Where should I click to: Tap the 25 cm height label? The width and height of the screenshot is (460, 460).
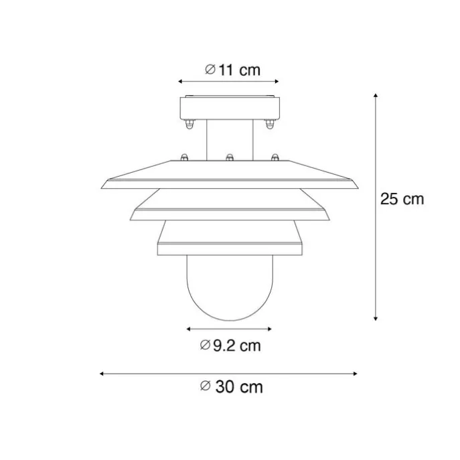402,200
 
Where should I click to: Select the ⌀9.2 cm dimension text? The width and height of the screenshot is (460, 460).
230,346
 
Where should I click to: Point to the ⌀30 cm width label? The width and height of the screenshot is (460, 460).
230,387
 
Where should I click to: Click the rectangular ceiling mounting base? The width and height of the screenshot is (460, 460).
230,108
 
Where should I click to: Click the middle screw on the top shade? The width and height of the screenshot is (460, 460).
230,158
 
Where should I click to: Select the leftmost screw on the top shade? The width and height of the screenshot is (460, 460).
183,158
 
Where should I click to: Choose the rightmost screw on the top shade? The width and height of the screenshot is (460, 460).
274,158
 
